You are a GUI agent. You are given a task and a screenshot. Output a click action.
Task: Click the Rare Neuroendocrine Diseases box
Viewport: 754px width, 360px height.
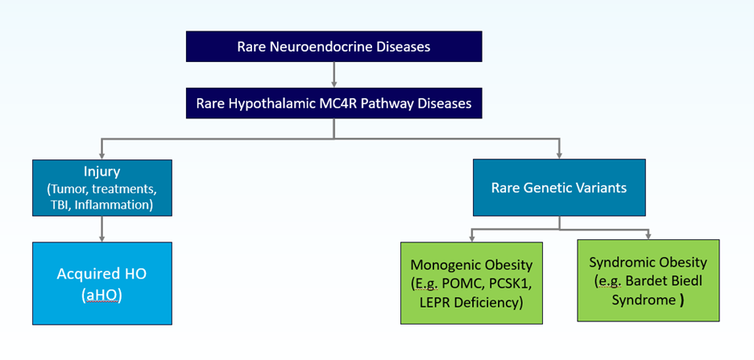click(333, 47)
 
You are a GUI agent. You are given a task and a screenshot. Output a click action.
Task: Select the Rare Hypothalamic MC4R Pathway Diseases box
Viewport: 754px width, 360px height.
click(333, 103)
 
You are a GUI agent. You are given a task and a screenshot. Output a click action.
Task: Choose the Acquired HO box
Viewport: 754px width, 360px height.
click(101, 283)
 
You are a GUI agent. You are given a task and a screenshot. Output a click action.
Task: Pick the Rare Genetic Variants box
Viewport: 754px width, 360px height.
click(560, 188)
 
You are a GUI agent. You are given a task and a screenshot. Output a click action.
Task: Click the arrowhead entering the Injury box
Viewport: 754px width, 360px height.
click(101, 155)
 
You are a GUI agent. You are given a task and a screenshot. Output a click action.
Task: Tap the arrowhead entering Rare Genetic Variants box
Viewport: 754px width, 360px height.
click(560, 155)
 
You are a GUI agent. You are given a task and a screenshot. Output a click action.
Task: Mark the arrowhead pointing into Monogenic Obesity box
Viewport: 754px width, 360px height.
click(472, 239)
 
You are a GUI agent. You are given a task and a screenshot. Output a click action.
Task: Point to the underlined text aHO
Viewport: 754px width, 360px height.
click(101, 295)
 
